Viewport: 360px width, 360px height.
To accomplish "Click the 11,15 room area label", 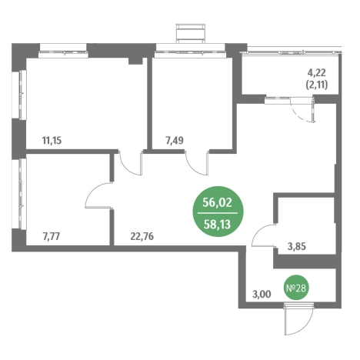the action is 52,141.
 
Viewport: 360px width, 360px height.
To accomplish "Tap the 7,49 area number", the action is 175,141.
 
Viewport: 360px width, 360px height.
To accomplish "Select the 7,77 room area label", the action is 52,236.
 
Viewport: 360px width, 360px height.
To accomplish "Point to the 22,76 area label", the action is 142,236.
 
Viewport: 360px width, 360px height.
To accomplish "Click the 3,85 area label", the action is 297,246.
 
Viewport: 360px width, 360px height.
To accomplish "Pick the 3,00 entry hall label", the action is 262,294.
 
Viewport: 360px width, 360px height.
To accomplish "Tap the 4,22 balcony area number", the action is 317,73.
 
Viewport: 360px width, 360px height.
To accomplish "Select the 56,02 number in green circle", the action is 217,202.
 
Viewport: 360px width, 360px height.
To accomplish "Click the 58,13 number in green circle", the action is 217,225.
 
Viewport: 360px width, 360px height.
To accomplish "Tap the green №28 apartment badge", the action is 296,288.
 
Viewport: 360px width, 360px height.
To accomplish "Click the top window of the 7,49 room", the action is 191,51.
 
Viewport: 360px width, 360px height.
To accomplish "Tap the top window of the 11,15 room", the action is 63,51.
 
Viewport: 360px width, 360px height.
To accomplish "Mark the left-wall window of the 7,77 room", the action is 22,194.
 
